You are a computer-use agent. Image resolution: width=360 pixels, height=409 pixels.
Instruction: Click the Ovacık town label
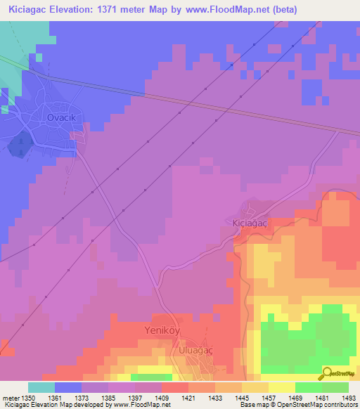click(60, 117)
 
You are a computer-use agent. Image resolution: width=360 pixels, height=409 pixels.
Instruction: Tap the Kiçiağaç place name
click(251, 222)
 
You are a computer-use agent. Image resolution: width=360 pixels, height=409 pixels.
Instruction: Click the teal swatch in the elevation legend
click(41, 387)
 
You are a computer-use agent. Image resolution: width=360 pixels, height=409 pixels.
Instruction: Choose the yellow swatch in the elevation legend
click(281, 387)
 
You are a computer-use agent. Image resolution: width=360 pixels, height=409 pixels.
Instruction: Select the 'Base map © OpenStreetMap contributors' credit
click(298, 405)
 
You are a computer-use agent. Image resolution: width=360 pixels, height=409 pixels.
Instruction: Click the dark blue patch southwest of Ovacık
click(20, 145)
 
